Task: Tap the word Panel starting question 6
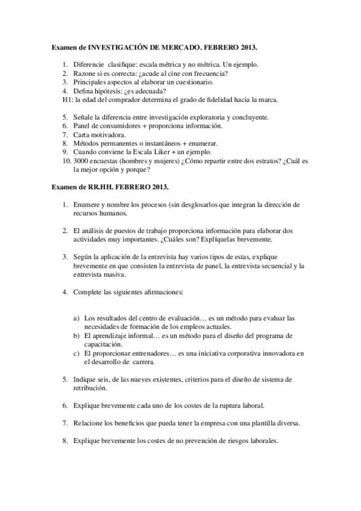click(x=83, y=125)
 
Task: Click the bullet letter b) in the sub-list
click(x=77, y=335)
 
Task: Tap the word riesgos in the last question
click(x=233, y=440)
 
